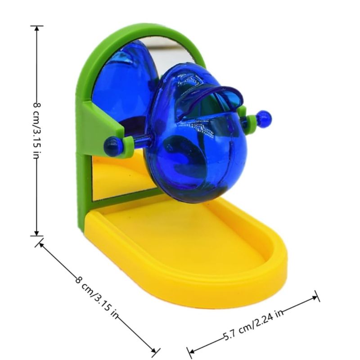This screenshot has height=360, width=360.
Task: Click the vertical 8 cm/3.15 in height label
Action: pyautogui.click(x=37, y=130)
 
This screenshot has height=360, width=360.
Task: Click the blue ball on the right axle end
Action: pyautogui.click(x=264, y=118)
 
